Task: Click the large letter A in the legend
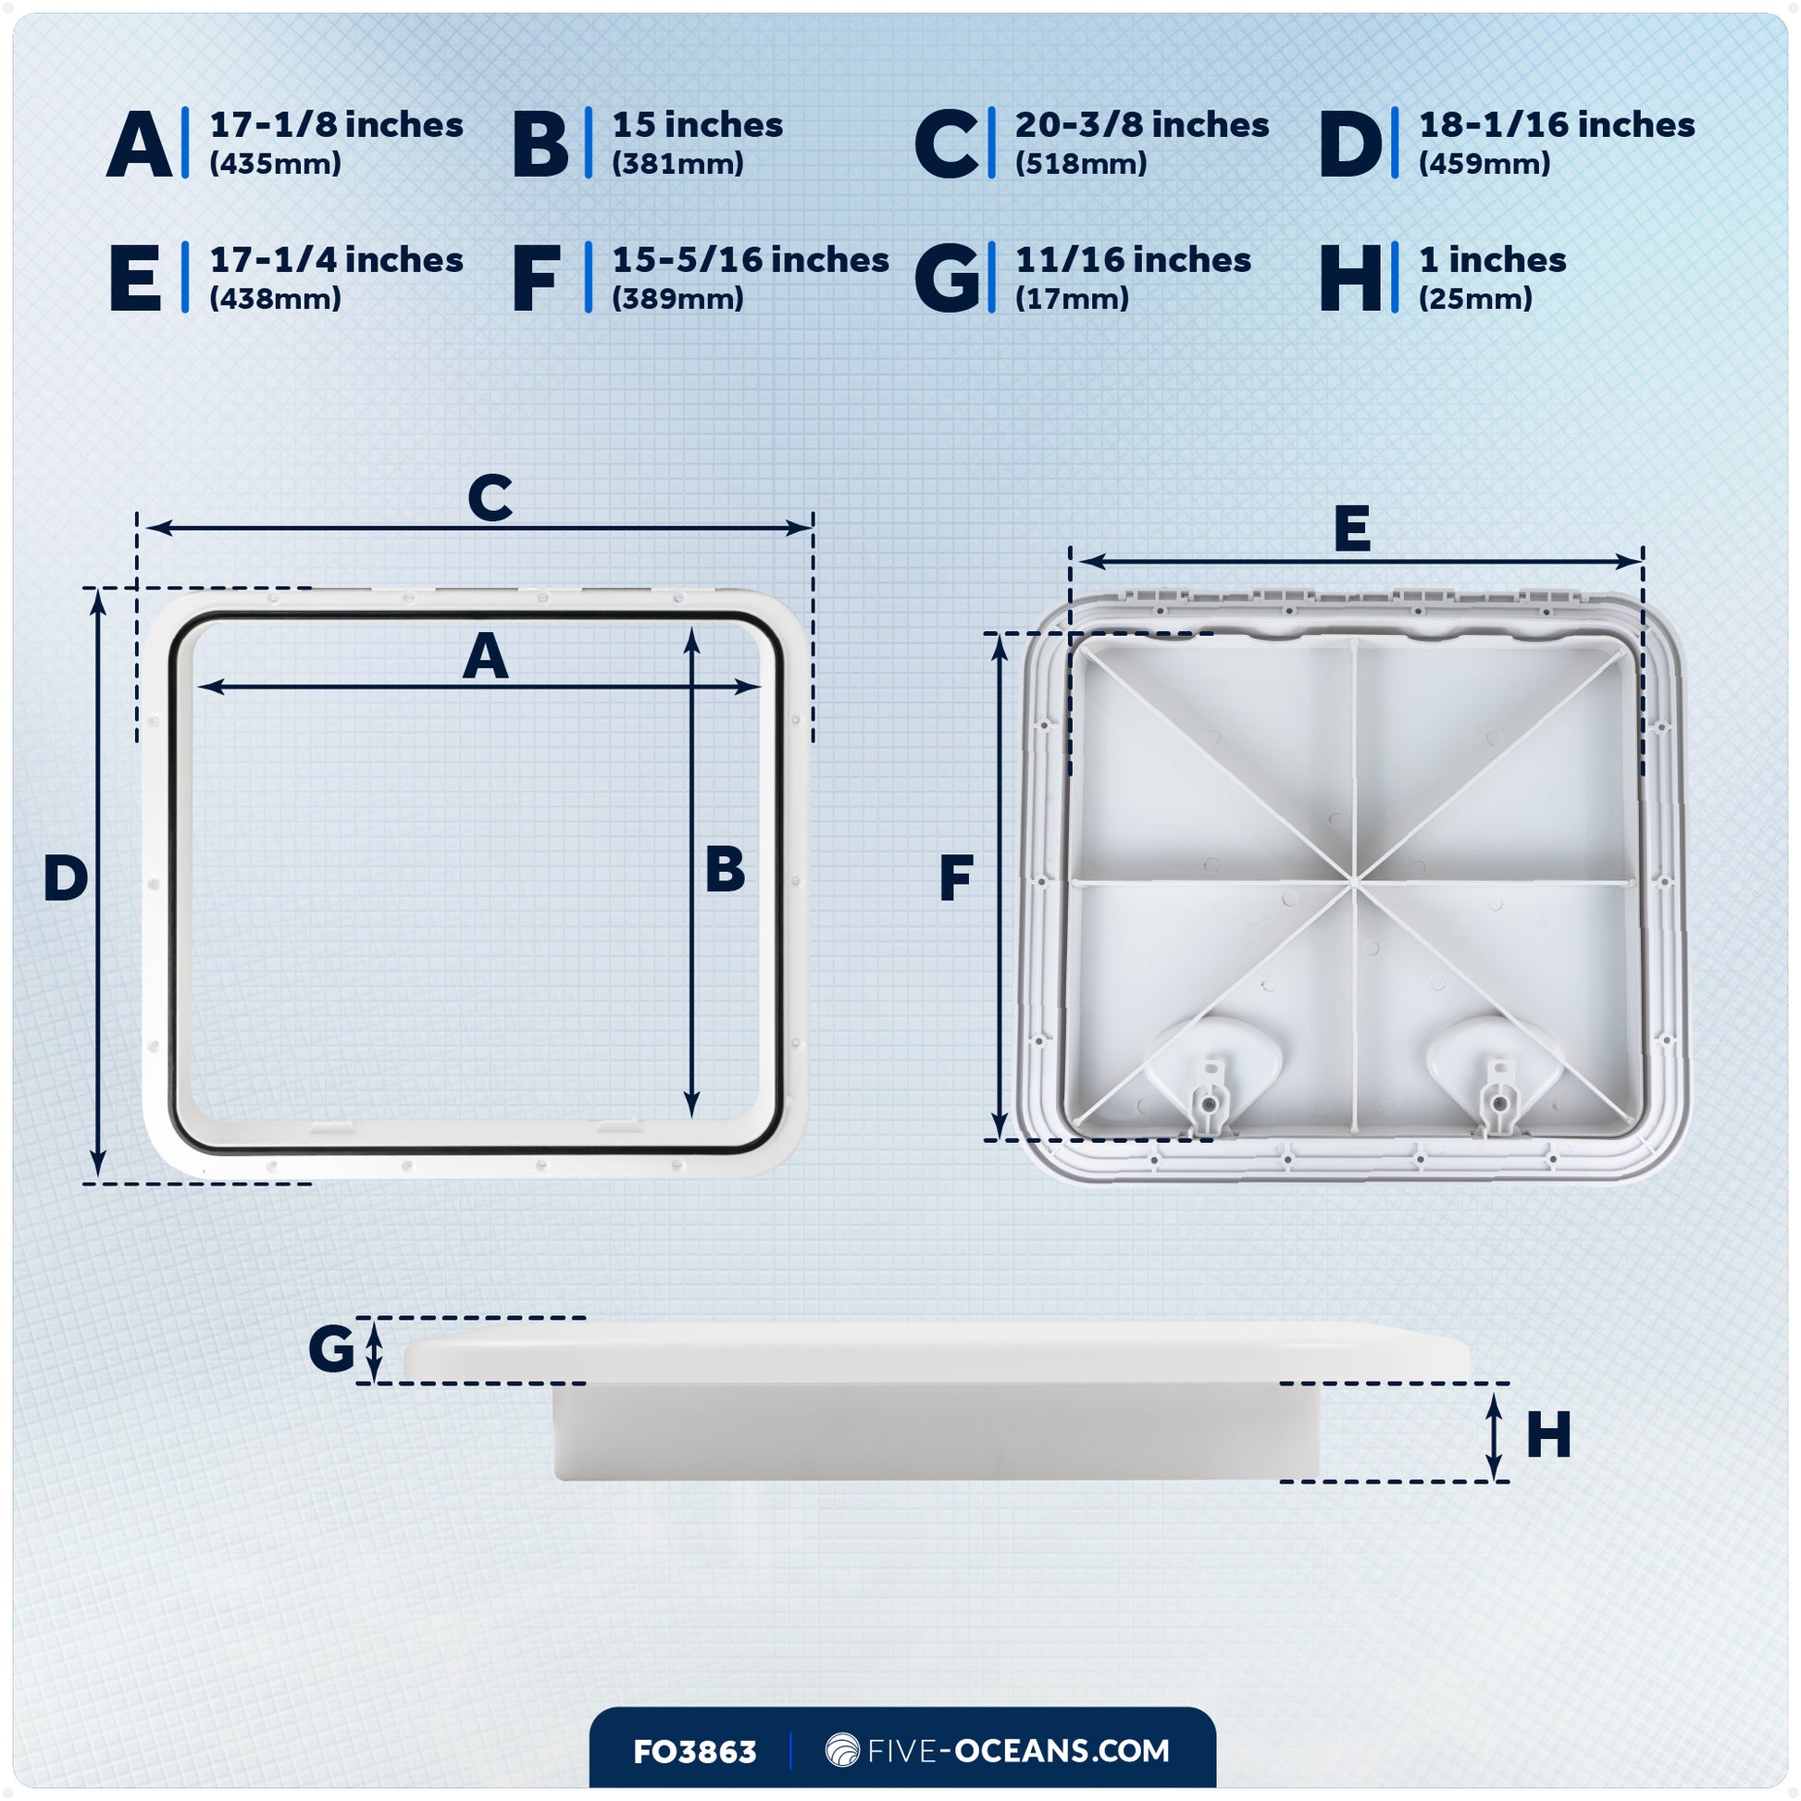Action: [140, 143]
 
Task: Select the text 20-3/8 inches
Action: [1141, 125]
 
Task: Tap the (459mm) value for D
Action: [1484, 164]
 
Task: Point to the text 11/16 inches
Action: [1133, 260]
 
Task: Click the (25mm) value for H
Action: [1474, 299]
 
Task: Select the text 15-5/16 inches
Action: [751, 260]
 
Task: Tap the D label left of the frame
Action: [66, 878]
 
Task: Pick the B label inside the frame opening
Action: [725, 870]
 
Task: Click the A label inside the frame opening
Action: [486, 657]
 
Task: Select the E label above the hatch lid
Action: [1352, 528]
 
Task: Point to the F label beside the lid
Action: [956, 878]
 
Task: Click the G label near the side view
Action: [332, 1348]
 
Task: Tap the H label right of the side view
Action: [1548, 1435]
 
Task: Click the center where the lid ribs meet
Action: [1353, 879]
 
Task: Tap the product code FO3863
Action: [694, 1753]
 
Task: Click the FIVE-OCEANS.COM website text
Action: [1018, 1751]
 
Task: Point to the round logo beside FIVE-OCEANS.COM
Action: [842, 1750]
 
